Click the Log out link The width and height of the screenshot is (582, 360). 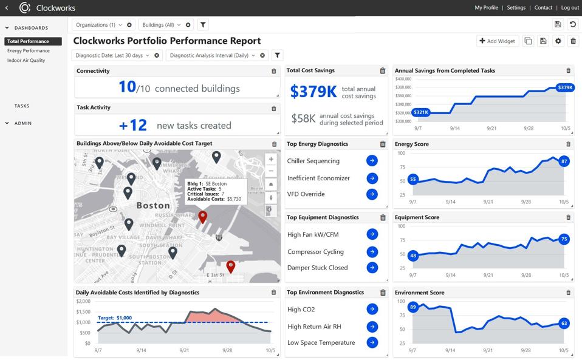570,8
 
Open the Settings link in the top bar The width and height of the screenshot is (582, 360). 516,8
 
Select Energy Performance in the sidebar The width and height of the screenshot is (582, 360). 29,51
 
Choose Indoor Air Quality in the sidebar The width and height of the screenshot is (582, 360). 26,61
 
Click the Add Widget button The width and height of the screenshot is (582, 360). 497,41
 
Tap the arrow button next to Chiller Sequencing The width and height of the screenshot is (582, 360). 372,161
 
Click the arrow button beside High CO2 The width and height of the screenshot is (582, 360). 372,309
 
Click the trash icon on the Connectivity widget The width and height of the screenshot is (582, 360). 274,71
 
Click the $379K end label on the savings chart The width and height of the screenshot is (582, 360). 565,87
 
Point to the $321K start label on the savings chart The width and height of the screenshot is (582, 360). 420,112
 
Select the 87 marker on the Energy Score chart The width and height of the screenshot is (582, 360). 564,161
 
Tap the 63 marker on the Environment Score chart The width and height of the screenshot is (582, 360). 564,324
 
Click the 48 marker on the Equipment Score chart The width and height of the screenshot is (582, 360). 413,256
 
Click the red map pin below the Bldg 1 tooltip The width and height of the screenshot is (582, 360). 203,216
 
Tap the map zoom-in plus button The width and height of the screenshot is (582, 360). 271,160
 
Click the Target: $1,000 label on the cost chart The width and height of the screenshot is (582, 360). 115,318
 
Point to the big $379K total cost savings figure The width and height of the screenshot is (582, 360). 313,92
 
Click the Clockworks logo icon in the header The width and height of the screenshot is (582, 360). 25,8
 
